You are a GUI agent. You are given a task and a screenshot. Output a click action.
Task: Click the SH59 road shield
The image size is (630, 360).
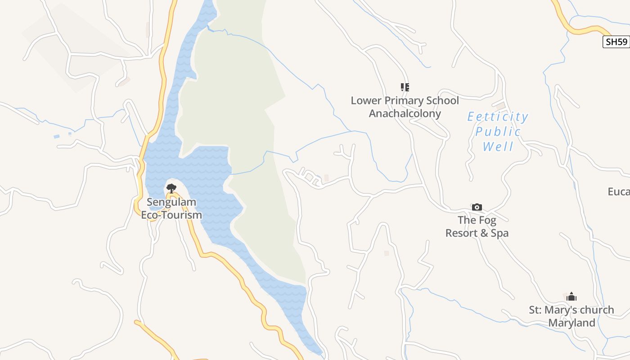point(616,42)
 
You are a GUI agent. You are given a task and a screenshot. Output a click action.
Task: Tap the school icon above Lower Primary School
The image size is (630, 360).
point(405,87)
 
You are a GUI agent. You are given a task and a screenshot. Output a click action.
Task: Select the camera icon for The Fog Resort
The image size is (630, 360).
point(477,207)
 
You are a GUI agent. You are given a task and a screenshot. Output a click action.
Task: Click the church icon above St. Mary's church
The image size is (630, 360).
point(571,297)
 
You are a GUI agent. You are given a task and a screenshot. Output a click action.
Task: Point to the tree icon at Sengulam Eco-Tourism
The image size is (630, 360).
point(171,188)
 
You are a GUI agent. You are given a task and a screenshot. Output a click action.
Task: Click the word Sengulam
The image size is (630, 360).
point(171,202)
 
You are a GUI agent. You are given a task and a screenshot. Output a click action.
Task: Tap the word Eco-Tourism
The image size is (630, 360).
point(171,215)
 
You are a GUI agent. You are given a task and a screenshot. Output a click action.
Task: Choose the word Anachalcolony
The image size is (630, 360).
point(405,113)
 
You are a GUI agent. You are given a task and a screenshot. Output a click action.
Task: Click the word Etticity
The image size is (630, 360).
point(498,117)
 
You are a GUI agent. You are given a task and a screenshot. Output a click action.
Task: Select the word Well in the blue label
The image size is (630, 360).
point(498,147)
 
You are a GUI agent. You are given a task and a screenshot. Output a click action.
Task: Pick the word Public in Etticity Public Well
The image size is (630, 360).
point(498,132)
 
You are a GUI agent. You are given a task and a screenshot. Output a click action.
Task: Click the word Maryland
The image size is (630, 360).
point(571,323)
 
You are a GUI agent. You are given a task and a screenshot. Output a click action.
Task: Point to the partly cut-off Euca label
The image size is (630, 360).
point(619,192)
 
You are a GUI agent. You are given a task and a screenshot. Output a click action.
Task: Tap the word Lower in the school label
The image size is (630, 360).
point(366,100)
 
